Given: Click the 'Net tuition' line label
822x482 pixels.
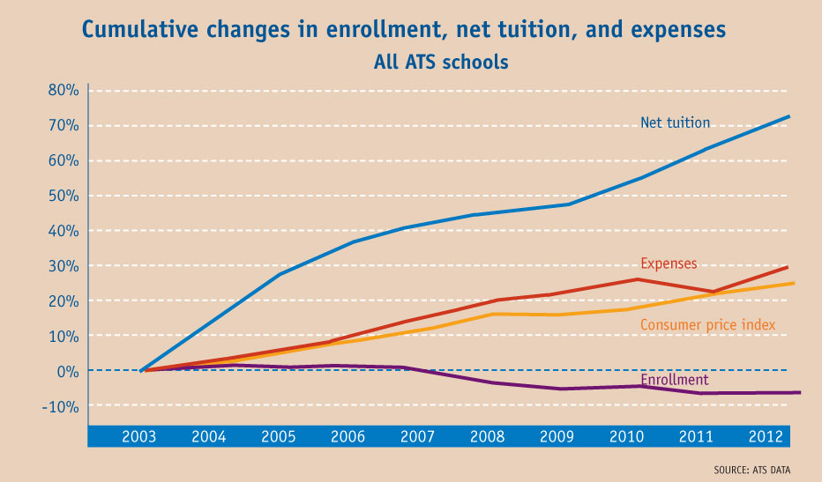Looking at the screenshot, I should coord(675,123).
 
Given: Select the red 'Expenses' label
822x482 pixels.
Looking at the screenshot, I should coord(669,263).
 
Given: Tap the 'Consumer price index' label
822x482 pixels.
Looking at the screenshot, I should coord(708,325).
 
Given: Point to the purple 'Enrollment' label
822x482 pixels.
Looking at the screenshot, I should coord(675,380).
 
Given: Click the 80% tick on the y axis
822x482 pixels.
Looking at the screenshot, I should coord(64,90).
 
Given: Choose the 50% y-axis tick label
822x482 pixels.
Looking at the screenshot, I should coord(64,196).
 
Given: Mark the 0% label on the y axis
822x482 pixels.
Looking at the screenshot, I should coord(68,371).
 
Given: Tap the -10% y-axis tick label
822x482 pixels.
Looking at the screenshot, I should coord(61,406).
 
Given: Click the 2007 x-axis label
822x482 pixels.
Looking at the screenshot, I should coord(416,435).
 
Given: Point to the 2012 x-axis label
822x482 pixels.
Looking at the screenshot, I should coord(763,435).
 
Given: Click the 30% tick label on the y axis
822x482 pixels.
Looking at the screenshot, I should coord(64,266).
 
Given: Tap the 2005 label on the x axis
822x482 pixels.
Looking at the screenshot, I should coord(277,435).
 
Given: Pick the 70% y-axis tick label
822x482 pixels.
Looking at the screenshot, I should coord(64,125).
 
